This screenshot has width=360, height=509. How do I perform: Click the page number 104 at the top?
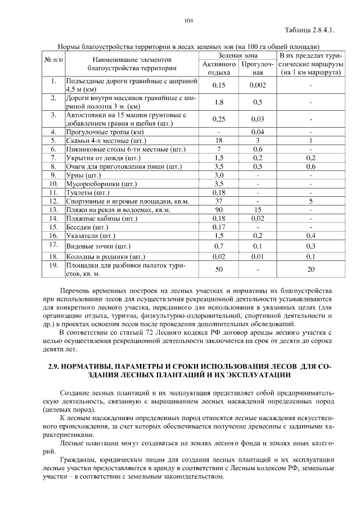click(188, 21)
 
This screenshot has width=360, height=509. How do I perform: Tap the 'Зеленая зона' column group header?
click(238, 55)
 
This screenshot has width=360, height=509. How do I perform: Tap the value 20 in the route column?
click(310, 269)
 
